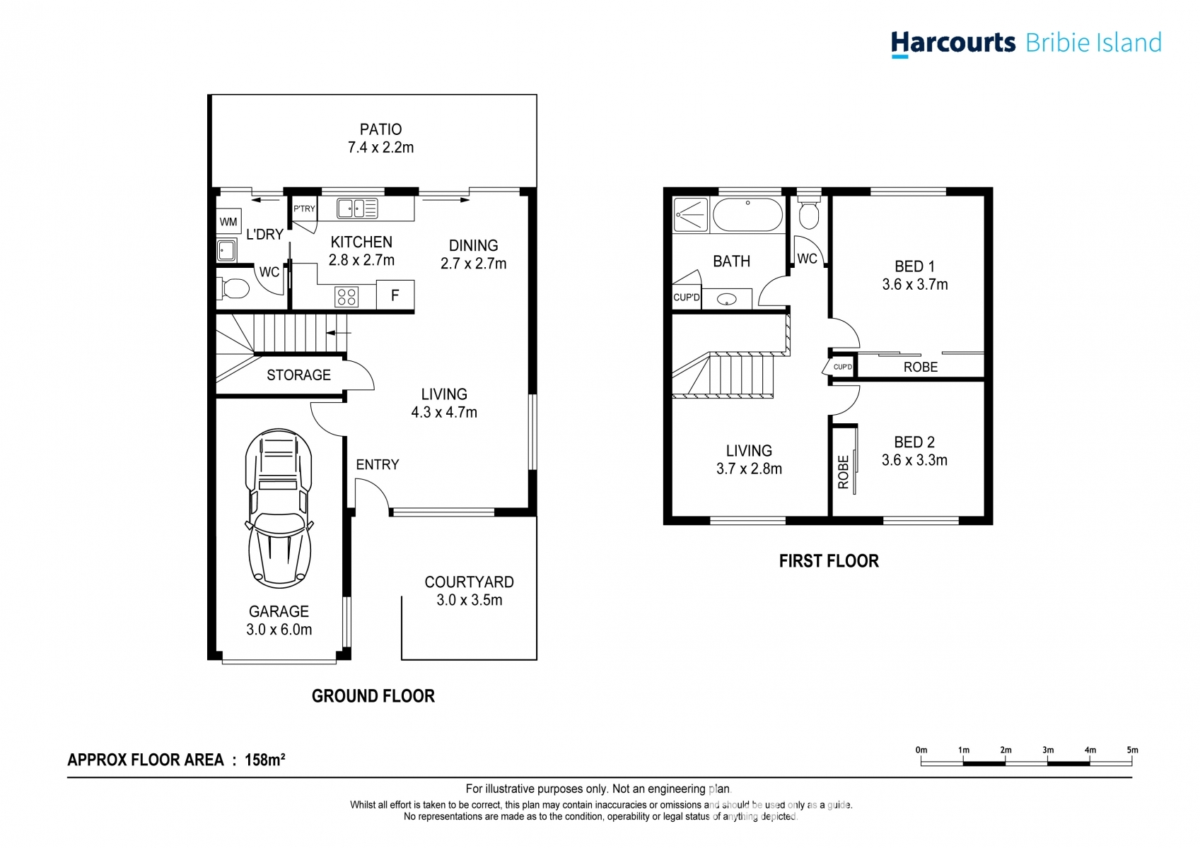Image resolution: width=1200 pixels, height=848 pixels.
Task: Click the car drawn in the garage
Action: [x=279, y=509]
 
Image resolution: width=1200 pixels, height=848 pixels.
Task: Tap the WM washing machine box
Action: [x=228, y=222]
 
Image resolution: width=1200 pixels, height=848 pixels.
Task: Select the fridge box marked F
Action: [x=395, y=295]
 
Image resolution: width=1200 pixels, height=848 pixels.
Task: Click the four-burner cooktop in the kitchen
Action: [x=346, y=297]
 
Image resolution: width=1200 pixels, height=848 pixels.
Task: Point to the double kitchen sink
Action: [x=357, y=208]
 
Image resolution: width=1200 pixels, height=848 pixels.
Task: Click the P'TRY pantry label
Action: [x=304, y=208]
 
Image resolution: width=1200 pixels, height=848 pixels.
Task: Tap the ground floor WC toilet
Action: [x=234, y=288]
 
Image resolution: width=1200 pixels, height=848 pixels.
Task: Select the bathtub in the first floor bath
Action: [x=747, y=214]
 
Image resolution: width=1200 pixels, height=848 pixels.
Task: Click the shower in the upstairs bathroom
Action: [x=690, y=214]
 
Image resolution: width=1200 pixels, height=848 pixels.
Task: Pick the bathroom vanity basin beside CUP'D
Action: [x=726, y=300]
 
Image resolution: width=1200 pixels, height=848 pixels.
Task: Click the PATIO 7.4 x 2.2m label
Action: [x=380, y=139]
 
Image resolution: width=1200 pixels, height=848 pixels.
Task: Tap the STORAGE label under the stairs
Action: [x=298, y=375]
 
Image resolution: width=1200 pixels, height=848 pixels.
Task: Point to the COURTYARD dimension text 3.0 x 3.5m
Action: [x=469, y=600]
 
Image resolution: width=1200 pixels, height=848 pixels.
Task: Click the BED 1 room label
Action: [x=914, y=266]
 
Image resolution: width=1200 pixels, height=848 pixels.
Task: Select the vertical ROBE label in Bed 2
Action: [x=843, y=471]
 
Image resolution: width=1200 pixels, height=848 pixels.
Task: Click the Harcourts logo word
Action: [x=953, y=43]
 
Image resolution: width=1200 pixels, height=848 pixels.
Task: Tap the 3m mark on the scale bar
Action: [x=1047, y=750]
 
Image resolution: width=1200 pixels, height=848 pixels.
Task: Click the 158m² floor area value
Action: [x=264, y=760]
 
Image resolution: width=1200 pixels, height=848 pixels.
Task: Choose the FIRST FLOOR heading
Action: [x=829, y=561]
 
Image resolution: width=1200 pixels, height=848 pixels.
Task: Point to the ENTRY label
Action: [x=378, y=464]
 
